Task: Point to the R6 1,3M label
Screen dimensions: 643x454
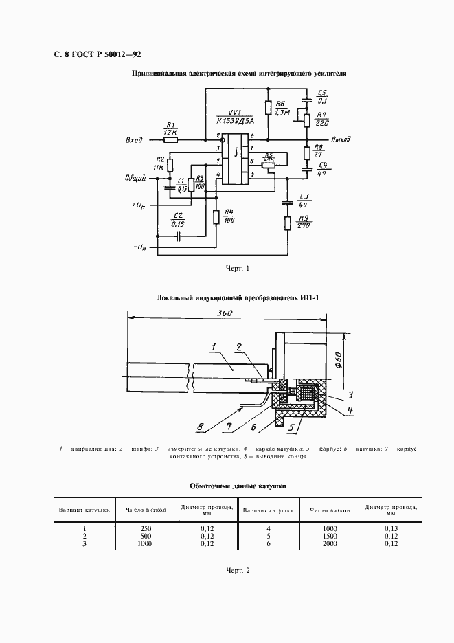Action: click(x=282, y=107)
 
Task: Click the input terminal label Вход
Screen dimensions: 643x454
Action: click(x=134, y=139)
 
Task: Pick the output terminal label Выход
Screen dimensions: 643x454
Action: click(x=341, y=139)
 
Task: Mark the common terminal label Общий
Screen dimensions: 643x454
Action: click(x=133, y=179)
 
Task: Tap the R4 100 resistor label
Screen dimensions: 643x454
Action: click(x=229, y=216)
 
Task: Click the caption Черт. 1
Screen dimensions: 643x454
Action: click(x=238, y=267)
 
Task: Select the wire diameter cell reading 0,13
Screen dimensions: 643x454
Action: click(x=391, y=527)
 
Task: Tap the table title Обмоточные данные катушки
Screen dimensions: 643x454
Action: click(x=238, y=486)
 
